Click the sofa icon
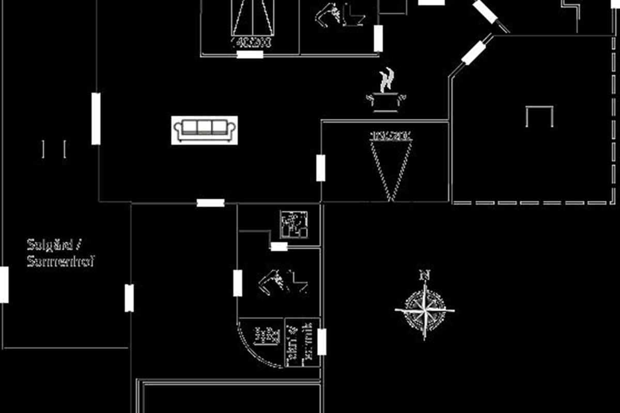(205, 130)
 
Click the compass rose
(424, 310)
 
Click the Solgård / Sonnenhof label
(61, 252)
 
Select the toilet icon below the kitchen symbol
(283, 282)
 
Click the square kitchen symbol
(294, 225)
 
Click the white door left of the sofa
(96, 119)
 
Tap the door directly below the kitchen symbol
(279, 247)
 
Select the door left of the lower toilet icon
(238, 283)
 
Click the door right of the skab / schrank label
(321, 342)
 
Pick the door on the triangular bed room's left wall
(321, 168)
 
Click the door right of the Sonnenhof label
(129, 298)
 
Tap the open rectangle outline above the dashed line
(539, 116)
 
